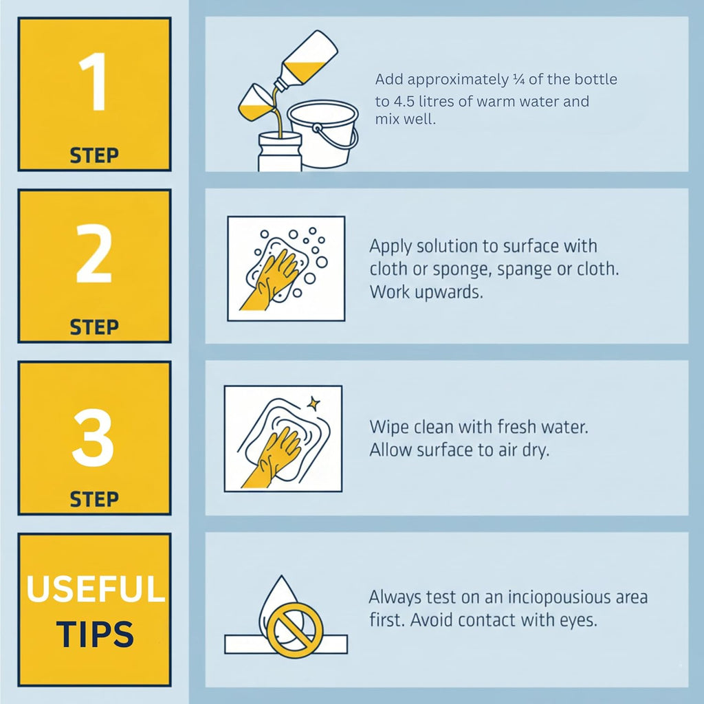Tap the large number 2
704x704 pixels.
pyautogui.click(x=93, y=253)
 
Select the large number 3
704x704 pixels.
pyautogui.click(x=93, y=437)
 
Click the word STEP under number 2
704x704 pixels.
pyautogui.click(x=94, y=327)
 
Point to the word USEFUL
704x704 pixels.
pyautogui.click(x=96, y=588)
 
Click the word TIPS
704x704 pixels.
pyautogui.click(x=95, y=634)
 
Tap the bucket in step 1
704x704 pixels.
pyautogui.click(x=323, y=134)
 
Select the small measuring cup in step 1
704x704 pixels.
pyautogui.click(x=254, y=102)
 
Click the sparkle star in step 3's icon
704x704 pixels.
pyautogui.click(x=313, y=404)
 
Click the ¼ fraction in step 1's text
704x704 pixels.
pyautogui.click(x=518, y=80)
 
